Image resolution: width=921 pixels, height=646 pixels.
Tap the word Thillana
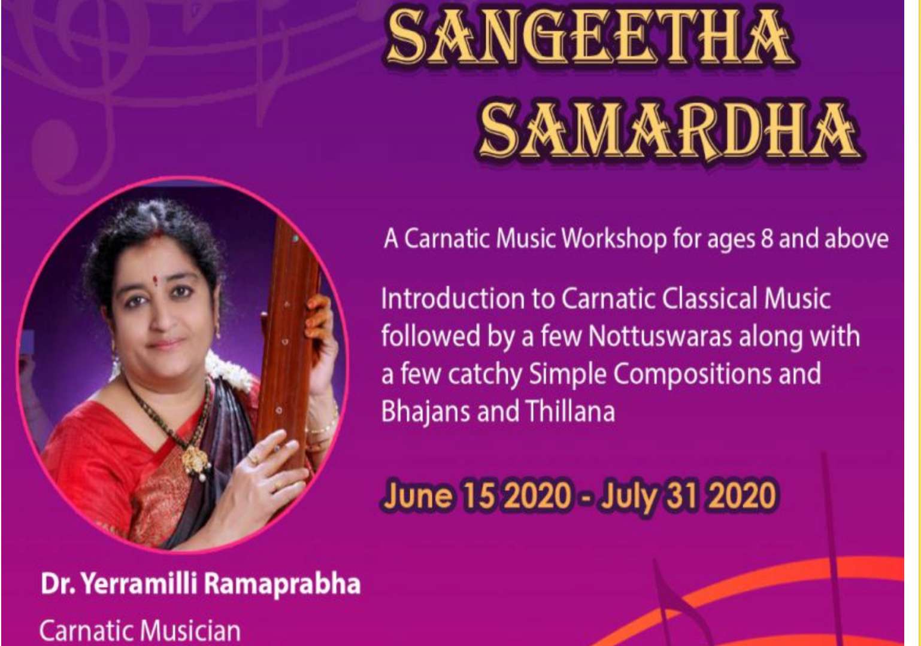tap(569, 412)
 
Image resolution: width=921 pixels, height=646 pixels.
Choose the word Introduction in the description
tap(452, 298)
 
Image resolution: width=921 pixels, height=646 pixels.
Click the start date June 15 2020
tap(477, 496)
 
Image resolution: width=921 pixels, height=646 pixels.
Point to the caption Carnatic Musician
tap(140, 630)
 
